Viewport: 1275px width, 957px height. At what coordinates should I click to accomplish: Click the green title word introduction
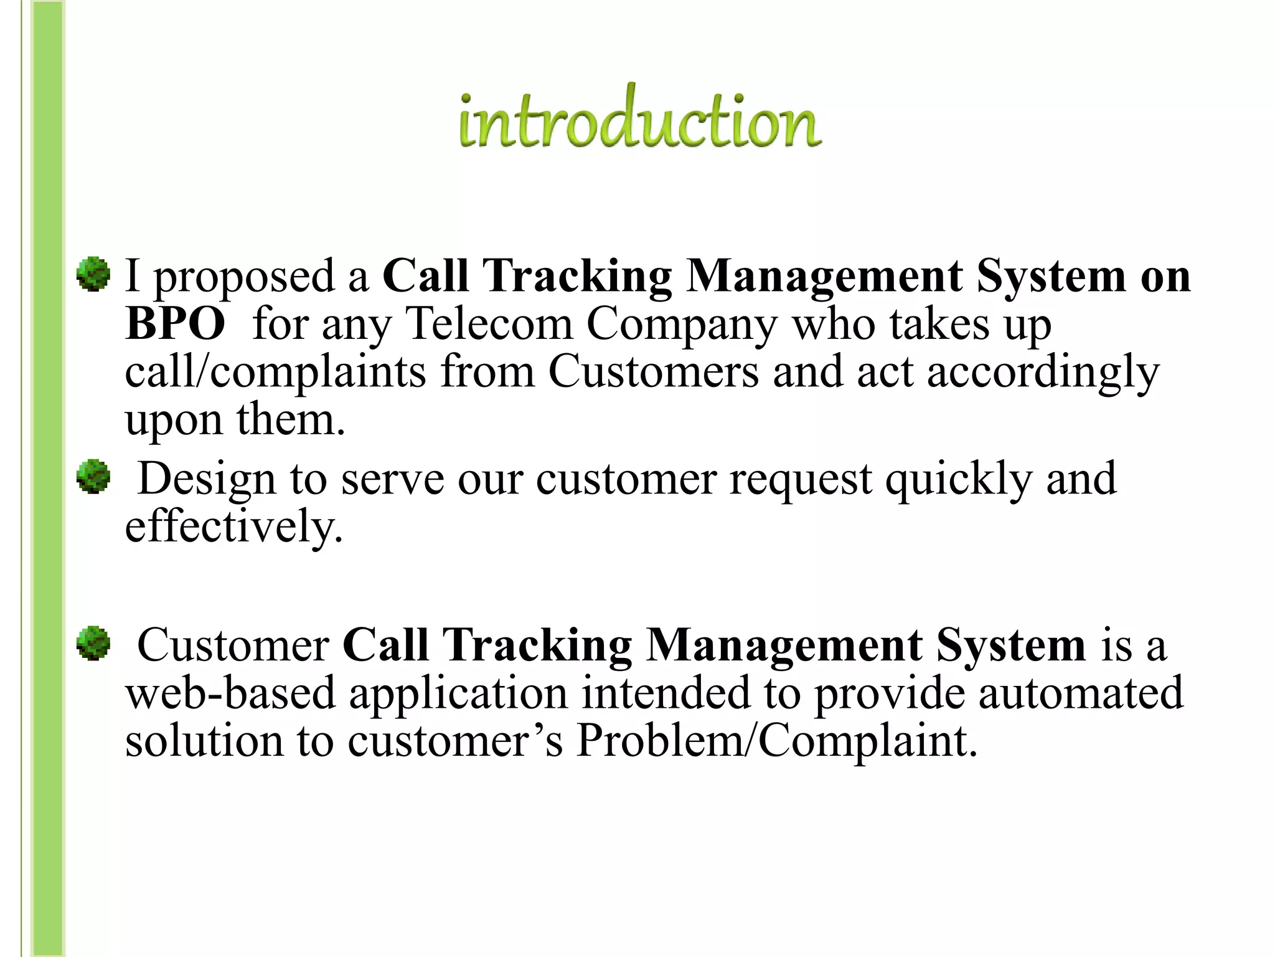[x=640, y=118]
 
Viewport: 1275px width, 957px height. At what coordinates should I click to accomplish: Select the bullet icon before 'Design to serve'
[x=93, y=477]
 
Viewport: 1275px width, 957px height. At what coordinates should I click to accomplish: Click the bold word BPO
[x=175, y=325]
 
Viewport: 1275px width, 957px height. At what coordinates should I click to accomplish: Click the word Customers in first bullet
[x=654, y=372]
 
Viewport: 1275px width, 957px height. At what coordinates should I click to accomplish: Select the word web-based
[x=230, y=693]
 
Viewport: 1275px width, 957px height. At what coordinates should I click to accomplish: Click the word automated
[x=1081, y=693]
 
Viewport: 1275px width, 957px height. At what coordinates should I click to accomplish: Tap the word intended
[x=666, y=693]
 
